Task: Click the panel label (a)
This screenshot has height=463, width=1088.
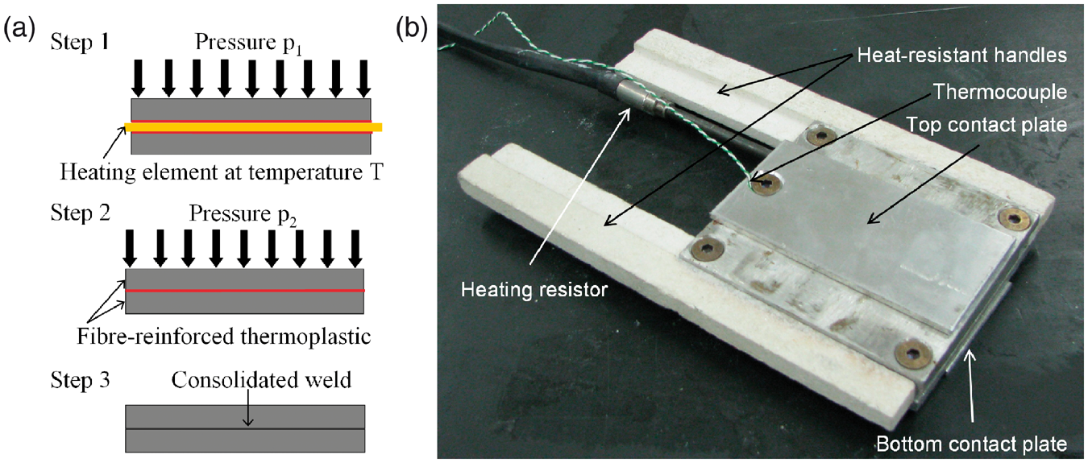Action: click(x=20, y=30)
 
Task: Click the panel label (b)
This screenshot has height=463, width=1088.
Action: click(x=411, y=30)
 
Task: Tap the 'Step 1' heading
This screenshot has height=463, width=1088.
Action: click(x=80, y=42)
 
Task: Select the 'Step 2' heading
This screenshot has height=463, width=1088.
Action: click(x=80, y=213)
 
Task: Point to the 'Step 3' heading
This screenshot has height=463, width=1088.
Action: click(x=80, y=380)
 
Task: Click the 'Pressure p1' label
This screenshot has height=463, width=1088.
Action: click(x=249, y=43)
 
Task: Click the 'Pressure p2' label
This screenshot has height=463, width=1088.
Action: click(x=243, y=215)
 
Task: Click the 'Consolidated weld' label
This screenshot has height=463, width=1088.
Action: click(x=261, y=380)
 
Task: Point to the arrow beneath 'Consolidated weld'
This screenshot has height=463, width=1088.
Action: click(x=248, y=408)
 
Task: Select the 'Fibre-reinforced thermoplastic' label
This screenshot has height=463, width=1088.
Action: click(x=224, y=337)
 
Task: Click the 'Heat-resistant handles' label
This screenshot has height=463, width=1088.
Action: click(x=961, y=56)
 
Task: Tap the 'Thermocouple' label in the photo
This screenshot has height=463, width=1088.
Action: click(x=1000, y=92)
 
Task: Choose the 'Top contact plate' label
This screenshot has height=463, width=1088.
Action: click(x=986, y=125)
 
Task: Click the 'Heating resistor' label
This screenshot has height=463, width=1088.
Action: click(x=534, y=290)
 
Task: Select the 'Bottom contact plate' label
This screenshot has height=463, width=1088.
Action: click(x=972, y=444)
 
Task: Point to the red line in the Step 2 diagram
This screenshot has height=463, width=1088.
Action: click(x=245, y=291)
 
